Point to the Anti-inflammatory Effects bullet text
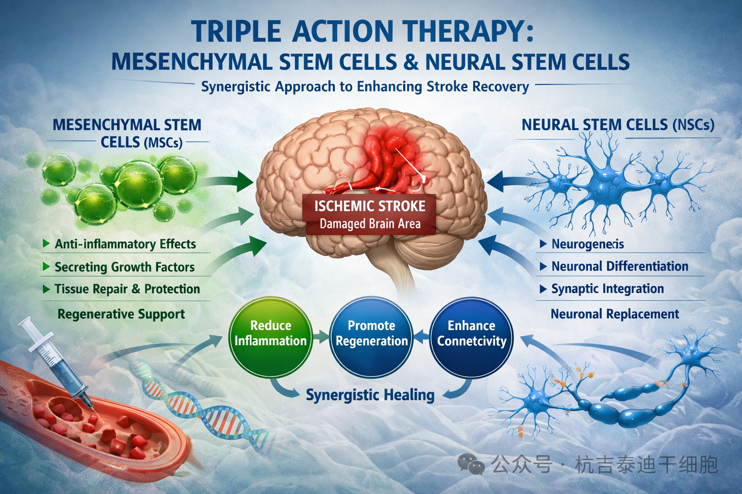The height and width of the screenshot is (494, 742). point(125,244)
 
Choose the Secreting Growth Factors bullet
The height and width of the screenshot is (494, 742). point(124,267)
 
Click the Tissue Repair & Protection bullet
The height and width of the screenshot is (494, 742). point(127,289)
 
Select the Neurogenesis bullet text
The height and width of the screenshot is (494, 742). point(587,244)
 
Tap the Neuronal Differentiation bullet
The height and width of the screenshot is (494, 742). point(619,266)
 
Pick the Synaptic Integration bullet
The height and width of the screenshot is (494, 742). point(607,289)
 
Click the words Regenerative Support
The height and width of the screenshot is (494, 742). point(121,314)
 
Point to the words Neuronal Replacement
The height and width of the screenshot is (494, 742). point(614,314)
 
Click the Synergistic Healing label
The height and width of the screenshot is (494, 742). point(370,395)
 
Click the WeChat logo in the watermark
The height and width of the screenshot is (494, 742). point(471,464)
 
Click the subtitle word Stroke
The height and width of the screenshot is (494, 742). point(447,87)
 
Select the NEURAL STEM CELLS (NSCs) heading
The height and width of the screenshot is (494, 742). point(617,125)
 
